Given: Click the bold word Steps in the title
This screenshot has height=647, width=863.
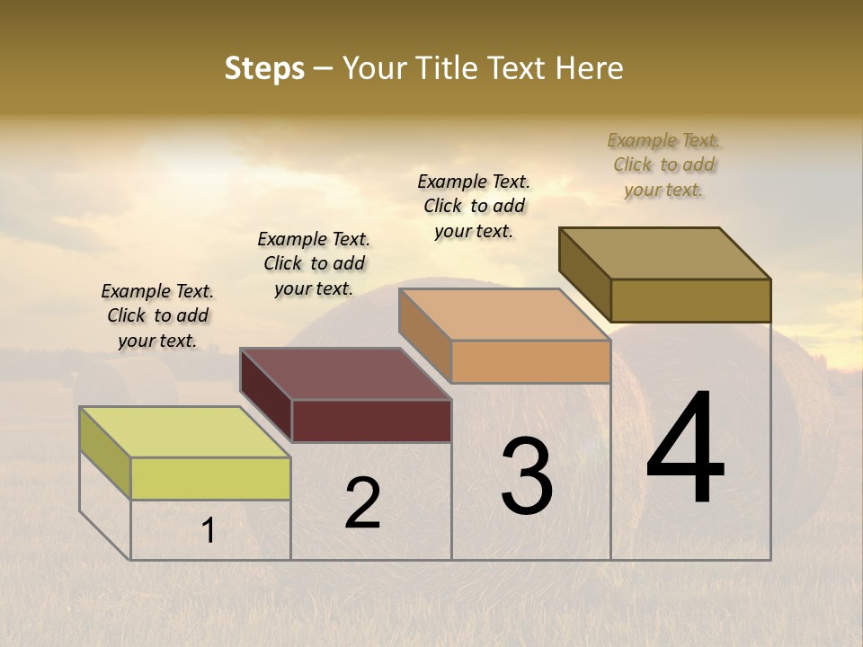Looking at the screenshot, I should coord(264,68).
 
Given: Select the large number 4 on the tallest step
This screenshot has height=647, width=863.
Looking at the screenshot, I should coord(686,448).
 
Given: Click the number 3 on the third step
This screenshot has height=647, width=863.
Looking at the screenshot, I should coord(527,476).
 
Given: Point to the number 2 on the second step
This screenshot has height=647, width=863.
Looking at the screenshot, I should coord(363,502).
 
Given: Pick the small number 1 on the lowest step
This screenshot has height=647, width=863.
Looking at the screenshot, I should coord(209,531).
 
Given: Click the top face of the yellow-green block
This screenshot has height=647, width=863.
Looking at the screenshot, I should coord(184,431).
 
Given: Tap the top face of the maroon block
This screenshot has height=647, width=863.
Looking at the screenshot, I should coord(345,374).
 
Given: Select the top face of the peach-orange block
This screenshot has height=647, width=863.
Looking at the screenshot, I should coord(504,315).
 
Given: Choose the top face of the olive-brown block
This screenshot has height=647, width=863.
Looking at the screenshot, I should coord(665,253).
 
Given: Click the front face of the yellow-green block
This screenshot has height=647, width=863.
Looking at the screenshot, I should coord(210,478).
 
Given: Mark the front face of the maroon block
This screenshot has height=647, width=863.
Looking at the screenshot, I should coord(371,421).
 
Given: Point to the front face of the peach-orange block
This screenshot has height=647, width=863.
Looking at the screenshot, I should coord(530,362).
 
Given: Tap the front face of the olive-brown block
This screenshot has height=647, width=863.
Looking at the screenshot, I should coord(690,300).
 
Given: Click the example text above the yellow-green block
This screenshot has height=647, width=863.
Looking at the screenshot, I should coord(157,316).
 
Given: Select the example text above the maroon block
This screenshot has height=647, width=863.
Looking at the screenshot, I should coord(314,263).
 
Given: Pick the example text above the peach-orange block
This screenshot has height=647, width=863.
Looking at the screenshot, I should coord(474,206).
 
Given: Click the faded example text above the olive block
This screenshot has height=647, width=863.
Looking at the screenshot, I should coord(663,164).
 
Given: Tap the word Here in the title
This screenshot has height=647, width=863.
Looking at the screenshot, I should coord(590,68).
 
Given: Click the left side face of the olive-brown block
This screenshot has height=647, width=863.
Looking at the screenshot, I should coord(585,274).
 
